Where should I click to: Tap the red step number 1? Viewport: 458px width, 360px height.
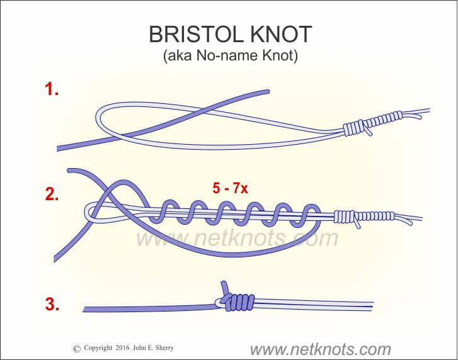pyautogui.click(x=52, y=89)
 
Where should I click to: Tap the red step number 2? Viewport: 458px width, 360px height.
pyautogui.click(x=52, y=194)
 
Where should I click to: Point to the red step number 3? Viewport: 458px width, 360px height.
pyautogui.click(x=52, y=306)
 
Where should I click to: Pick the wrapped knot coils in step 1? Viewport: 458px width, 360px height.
pyautogui.click(x=372, y=123)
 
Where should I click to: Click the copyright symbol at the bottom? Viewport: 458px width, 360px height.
pyautogui.click(x=77, y=348)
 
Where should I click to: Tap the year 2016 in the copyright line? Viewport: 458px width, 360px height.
pyautogui.click(x=124, y=348)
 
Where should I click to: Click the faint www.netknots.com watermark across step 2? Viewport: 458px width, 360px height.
pyautogui.click(x=237, y=239)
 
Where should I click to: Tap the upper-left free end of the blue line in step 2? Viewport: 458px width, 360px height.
pyautogui.click(x=69, y=170)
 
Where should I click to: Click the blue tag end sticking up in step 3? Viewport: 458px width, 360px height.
pyautogui.click(x=223, y=286)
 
